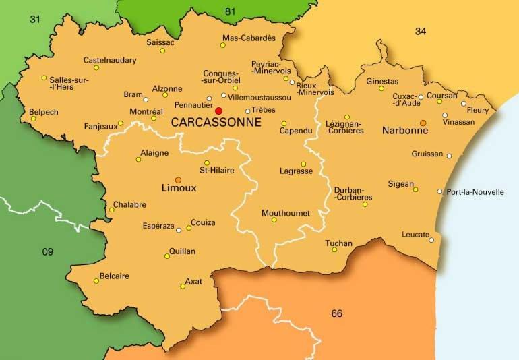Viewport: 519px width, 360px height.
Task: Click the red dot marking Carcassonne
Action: [218, 110]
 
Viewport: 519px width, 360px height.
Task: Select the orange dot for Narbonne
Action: [423, 123]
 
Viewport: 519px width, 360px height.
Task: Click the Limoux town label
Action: [179, 188]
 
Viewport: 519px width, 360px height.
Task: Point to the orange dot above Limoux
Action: [178, 179]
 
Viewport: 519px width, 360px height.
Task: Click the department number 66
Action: [337, 313]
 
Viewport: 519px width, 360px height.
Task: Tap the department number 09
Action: [47, 252]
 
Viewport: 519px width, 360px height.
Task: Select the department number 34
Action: [421, 31]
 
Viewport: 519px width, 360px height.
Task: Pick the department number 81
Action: [231, 10]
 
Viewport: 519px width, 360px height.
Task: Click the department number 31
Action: [35, 19]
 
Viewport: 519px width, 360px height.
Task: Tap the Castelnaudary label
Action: [110, 60]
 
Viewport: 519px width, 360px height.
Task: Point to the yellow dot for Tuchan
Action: [334, 249]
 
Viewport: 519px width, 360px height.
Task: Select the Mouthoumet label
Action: [286, 213]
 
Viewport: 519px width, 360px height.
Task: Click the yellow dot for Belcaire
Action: [96, 281]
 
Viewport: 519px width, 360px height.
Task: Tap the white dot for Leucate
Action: [431, 239]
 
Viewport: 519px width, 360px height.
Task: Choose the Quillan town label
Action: [181, 251]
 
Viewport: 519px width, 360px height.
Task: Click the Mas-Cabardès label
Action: [249, 38]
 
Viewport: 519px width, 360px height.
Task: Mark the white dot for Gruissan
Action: [449, 156]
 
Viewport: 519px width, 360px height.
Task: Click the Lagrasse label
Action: [296, 171]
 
